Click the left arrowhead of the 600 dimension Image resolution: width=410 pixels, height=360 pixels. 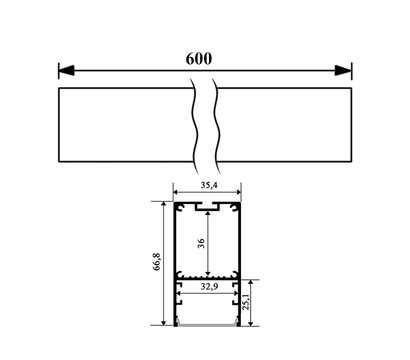point(65,70)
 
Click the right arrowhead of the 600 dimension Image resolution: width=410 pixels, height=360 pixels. point(346,70)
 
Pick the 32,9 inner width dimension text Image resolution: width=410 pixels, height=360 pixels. point(208,287)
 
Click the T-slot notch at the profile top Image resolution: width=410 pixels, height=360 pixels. point(208,207)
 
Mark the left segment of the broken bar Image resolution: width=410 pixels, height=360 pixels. point(125,125)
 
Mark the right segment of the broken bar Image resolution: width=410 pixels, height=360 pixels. point(285,125)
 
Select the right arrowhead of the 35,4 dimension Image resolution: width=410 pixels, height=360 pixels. point(238,194)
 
